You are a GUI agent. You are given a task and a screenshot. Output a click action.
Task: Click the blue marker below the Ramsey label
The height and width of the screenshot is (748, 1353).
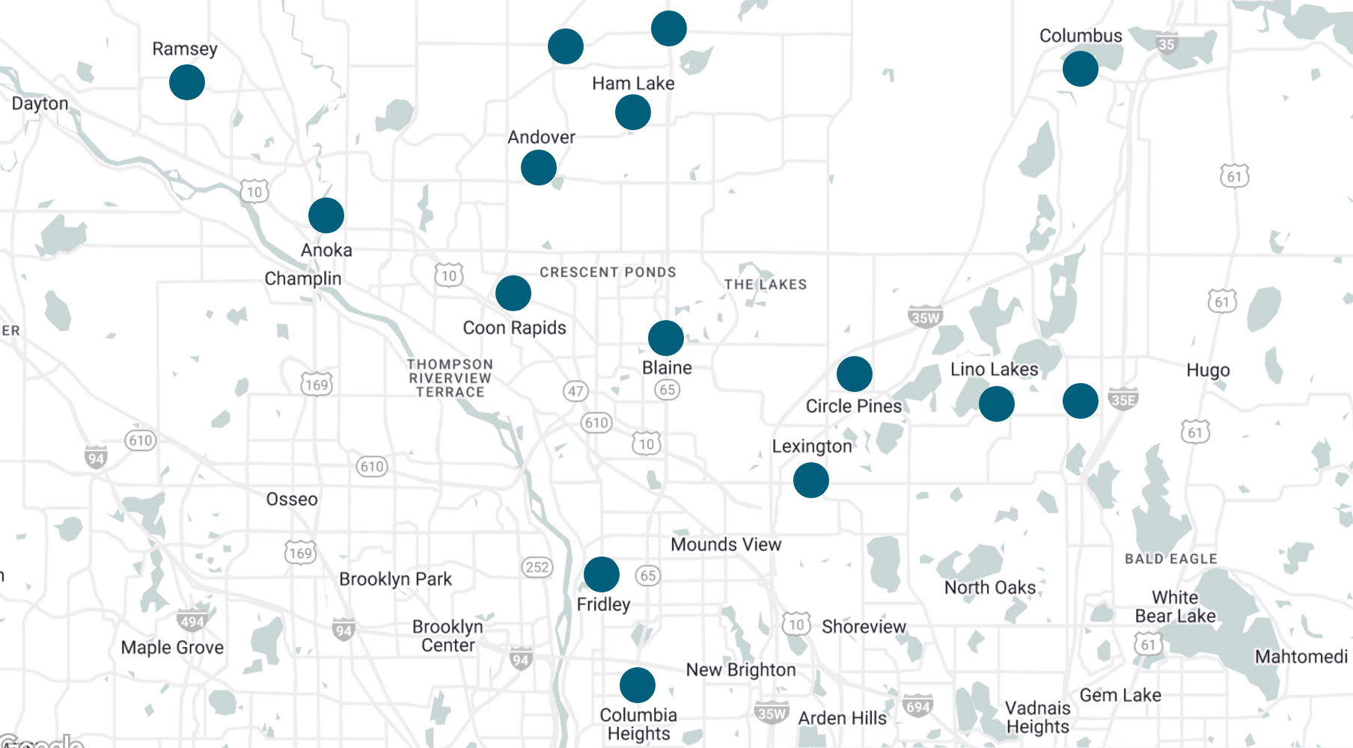[x=187, y=82]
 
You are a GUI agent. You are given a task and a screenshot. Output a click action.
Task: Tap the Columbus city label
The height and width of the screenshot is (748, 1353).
[x=1080, y=36]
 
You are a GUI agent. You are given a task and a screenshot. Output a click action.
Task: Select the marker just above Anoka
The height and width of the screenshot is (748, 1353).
[x=326, y=215]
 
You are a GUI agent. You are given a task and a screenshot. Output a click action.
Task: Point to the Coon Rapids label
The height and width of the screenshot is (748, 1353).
[x=514, y=328]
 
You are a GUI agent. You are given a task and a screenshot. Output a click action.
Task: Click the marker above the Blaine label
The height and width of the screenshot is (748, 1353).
[x=666, y=338]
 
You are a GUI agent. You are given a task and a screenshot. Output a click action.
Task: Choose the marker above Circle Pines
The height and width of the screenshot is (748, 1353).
[x=855, y=374]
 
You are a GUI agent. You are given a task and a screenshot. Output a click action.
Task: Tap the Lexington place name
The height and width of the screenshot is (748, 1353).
[x=812, y=447]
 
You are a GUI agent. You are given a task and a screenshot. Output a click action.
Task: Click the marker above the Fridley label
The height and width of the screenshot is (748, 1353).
[x=602, y=574]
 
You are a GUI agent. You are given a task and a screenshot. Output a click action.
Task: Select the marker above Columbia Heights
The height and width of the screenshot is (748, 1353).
[x=638, y=685]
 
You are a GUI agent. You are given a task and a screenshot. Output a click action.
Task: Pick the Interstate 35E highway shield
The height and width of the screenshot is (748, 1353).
[x=1123, y=399]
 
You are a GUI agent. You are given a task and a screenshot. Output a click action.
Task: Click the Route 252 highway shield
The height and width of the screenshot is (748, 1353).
[x=537, y=567]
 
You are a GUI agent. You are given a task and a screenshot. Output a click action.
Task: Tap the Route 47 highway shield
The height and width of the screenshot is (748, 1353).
[x=575, y=391]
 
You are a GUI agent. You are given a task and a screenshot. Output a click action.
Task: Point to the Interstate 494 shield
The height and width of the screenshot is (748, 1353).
[x=192, y=621]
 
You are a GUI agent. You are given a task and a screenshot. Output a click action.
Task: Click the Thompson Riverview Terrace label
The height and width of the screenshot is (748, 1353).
[x=450, y=378]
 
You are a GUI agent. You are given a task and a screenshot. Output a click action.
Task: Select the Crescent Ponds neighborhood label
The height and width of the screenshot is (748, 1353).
[x=608, y=272]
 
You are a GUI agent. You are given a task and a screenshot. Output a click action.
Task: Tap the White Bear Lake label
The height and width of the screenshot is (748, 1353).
[x=1175, y=607]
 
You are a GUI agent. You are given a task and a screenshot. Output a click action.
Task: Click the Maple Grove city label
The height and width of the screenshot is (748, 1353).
[x=172, y=648]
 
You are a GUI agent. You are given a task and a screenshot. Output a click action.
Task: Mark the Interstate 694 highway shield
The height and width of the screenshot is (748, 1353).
[x=917, y=706]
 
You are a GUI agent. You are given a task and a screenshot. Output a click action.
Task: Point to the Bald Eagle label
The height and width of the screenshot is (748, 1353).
[x=1170, y=559]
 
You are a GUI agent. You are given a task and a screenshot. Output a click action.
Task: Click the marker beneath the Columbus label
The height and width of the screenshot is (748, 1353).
[x=1081, y=69]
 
